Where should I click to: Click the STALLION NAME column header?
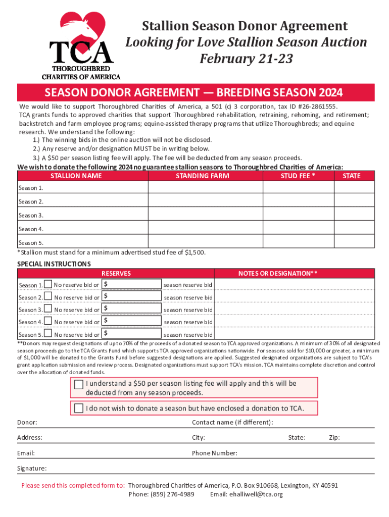tap(76, 176)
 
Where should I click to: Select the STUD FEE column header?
tap(298, 176)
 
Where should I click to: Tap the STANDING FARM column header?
tap(202, 176)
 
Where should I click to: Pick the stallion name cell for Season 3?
tap(83, 215)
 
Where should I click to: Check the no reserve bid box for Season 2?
tap(48, 297)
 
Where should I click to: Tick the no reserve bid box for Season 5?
tap(48, 334)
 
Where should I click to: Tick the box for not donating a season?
tap(78, 408)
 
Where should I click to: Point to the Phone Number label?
tap(215, 453)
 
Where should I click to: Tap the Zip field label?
tap(334, 438)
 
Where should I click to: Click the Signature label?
tap(32, 469)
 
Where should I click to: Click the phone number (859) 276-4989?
tap(161, 494)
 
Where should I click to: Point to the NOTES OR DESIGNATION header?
tap(278, 273)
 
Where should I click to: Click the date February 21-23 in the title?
tap(246, 59)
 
